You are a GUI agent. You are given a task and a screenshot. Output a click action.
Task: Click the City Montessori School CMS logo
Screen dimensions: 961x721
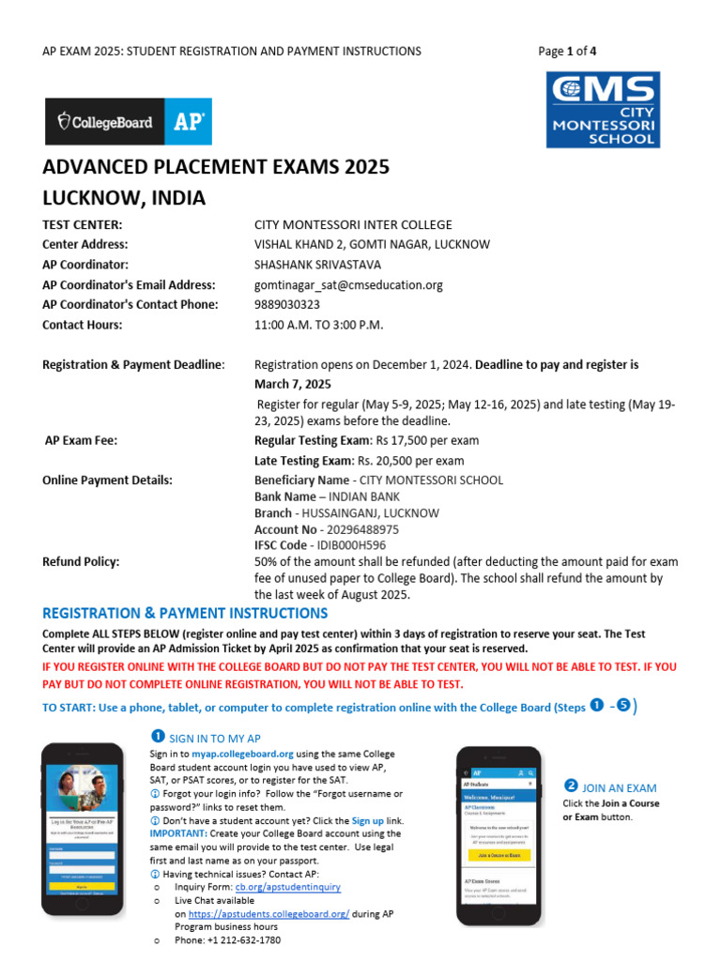[x=604, y=111]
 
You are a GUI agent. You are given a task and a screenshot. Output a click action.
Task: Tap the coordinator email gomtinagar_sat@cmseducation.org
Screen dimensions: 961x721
[x=348, y=284]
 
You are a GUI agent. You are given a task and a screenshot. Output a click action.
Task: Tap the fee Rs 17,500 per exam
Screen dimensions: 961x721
[x=427, y=440]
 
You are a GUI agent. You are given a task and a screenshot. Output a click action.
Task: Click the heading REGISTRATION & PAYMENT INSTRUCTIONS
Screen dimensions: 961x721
[x=185, y=614]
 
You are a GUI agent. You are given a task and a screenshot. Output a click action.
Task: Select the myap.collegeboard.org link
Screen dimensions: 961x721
[x=243, y=754]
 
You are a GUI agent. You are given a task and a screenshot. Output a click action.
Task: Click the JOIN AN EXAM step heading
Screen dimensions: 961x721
[x=619, y=788]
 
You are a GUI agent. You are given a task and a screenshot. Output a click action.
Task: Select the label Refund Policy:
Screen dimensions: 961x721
[x=81, y=562]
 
